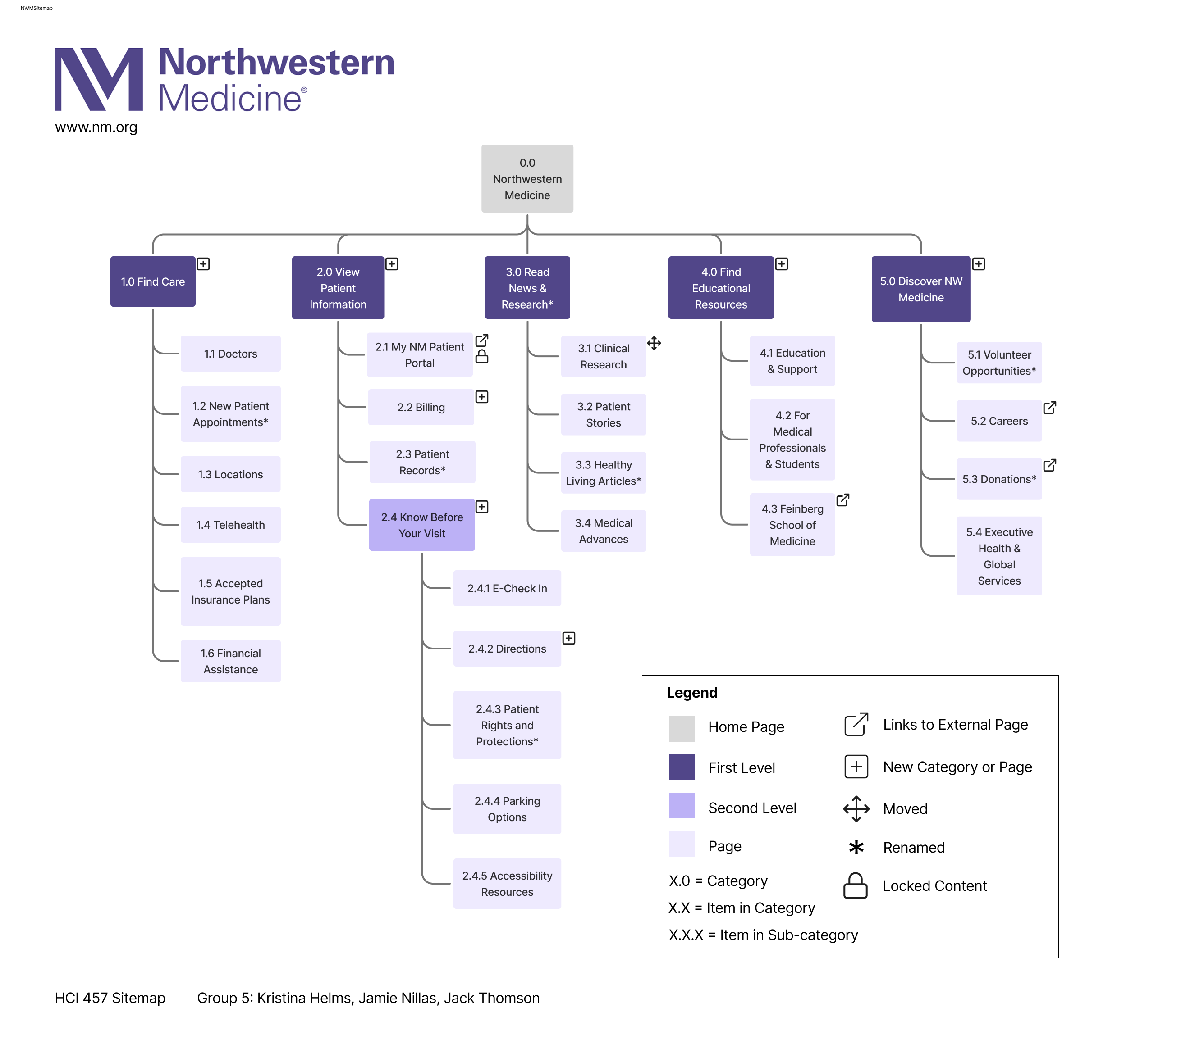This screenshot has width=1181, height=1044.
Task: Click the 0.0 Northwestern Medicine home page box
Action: tap(527, 178)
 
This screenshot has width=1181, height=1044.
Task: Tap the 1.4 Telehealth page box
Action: tap(230, 525)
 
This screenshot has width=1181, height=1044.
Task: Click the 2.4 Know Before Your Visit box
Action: tap(422, 525)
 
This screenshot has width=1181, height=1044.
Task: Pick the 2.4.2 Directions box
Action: tap(507, 649)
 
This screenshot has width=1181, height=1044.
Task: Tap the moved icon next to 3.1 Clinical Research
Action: tap(654, 344)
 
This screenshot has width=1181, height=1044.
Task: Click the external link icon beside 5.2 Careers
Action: tap(1049, 408)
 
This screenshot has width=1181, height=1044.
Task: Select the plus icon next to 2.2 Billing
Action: tap(481, 397)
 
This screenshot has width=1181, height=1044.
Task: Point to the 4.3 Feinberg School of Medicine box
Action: tap(792, 525)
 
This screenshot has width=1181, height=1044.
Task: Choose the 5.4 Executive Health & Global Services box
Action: tap(999, 556)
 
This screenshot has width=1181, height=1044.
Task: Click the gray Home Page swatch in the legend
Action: tap(681, 729)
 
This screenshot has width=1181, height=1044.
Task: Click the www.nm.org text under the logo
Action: tap(96, 127)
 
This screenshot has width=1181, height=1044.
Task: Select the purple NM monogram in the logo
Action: tap(98, 79)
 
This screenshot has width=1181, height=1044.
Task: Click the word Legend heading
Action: tap(691, 692)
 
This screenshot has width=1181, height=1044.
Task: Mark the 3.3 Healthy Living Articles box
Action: tap(603, 473)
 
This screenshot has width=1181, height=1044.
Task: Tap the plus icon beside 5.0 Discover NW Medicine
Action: tap(978, 264)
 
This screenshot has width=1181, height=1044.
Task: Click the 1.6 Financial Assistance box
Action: tap(230, 661)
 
